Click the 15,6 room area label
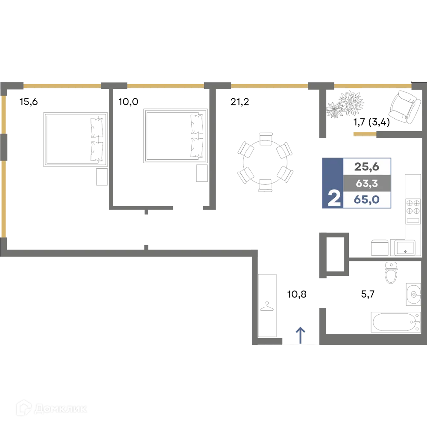pyautogui.click(x=29, y=102)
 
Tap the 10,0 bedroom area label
pyautogui.click(x=128, y=102)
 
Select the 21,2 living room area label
pyautogui.click(x=240, y=102)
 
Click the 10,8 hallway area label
pyautogui.click(x=297, y=294)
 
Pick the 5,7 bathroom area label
pyautogui.click(x=368, y=294)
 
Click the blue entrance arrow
pyautogui.click(x=300, y=335)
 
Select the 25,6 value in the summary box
pyautogui.click(x=366, y=167)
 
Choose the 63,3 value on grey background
pyautogui.click(x=367, y=184)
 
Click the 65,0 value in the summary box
pyautogui.click(x=366, y=199)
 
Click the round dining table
pyautogui.click(x=265, y=162)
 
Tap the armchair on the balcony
pyautogui.click(x=404, y=107)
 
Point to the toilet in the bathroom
pyautogui.click(x=391, y=272)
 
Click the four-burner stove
pyautogui.click(x=413, y=211)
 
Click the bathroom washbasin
pyautogui.click(x=413, y=294)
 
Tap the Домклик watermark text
pyautogui.click(x=61, y=409)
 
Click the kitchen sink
pyautogui.click(x=403, y=248)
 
